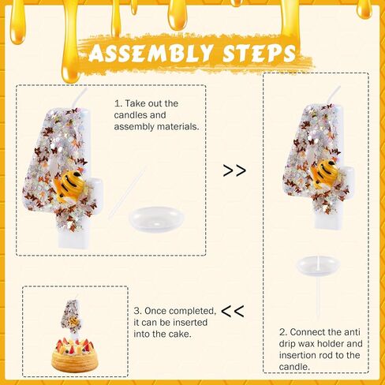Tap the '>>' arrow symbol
[x=234, y=170]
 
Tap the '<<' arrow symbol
[x=232, y=310]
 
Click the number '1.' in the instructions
[x=118, y=103]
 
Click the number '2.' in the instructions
[x=283, y=332]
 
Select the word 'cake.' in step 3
[x=178, y=334]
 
